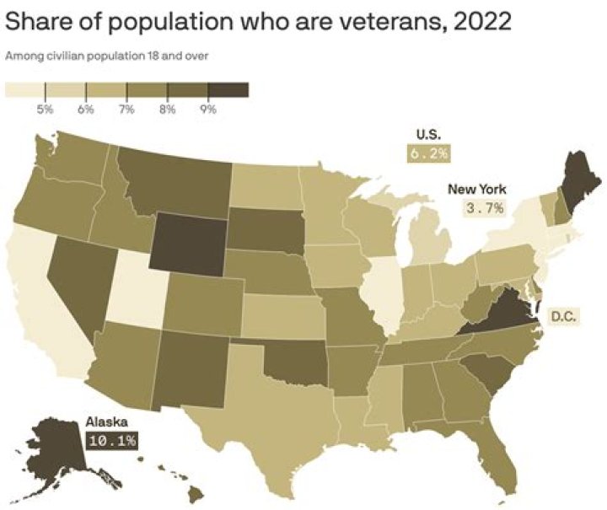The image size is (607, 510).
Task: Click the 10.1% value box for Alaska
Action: pos(110,439)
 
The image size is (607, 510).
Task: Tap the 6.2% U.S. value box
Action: pos(428,153)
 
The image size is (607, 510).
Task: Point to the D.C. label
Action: pos(564,317)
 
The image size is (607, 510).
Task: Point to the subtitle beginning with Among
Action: pos(107,57)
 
